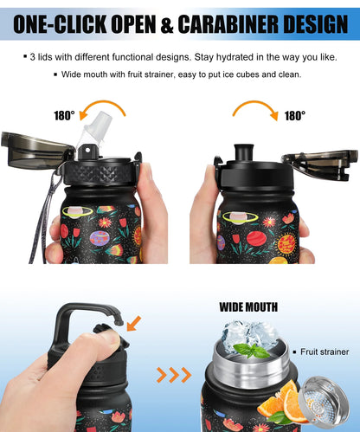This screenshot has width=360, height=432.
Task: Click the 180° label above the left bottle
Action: point(64,113)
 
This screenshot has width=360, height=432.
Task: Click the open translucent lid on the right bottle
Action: point(319,161)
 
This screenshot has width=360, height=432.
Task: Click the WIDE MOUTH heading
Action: point(248,306)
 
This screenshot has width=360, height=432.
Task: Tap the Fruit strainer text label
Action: point(324,352)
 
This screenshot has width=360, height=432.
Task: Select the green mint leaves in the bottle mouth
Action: point(251,350)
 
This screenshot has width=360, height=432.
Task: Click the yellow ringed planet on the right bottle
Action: point(238,216)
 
